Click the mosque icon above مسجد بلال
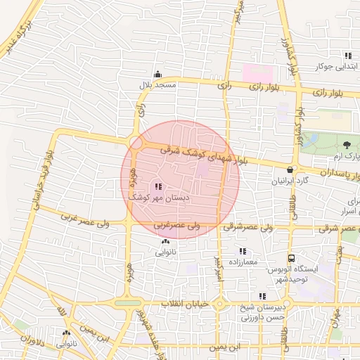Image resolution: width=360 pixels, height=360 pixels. (157, 74)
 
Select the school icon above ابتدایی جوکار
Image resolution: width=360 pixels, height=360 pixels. (347, 56)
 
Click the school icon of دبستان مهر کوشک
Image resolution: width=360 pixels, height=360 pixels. (157, 187)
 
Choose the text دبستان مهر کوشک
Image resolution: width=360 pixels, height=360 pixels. (157, 199)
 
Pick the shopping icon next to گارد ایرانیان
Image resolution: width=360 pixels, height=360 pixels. (290, 169)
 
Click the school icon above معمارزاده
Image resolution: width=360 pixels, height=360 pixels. (243, 251)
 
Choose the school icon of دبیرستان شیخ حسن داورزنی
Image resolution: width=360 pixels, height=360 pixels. (262, 296)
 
